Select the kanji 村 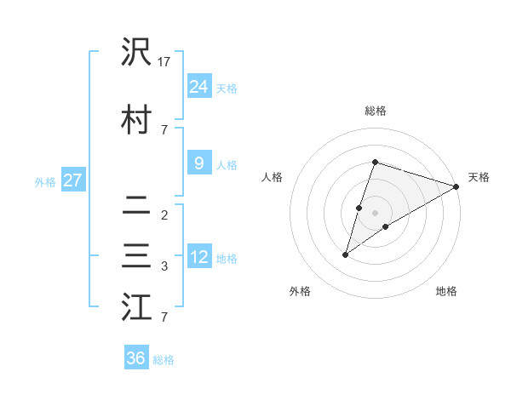coord(136,120)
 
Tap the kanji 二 coord(136,207)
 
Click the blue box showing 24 coord(198,86)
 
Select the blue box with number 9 coord(198,163)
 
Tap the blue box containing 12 coord(198,257)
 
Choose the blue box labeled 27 coord(72,180)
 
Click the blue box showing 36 coord(136,358)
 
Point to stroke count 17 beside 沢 coord(164,62)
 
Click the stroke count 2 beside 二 coord(164,214)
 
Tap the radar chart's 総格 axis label coord(376,111)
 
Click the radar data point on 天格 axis coord(456,186)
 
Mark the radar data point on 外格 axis coord(345,254)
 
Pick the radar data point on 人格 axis coord(359,208)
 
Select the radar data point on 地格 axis coord(386,226)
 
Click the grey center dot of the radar coord(376,213)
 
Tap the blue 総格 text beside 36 coord(164,360)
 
